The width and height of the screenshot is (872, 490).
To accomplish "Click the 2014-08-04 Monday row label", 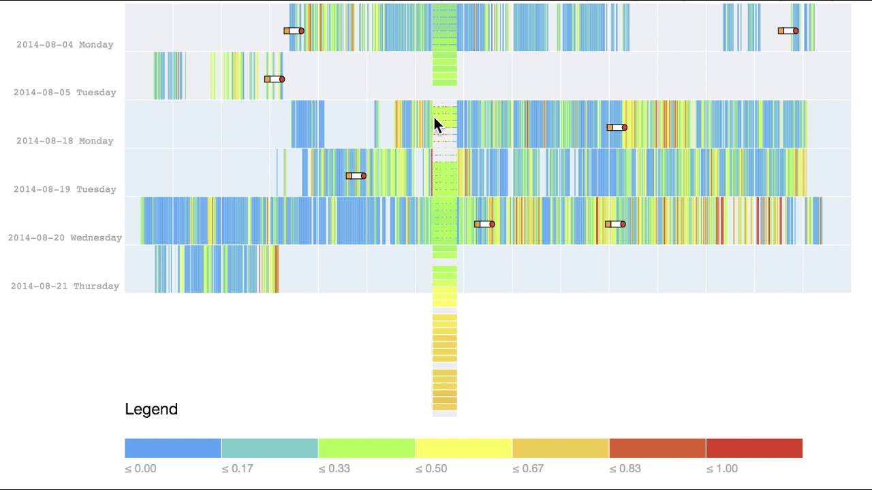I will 65,45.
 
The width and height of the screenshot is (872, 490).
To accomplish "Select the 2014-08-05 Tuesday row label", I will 65,93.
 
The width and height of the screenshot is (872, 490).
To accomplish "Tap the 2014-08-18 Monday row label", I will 65,141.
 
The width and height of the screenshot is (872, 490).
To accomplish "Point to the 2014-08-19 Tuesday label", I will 65,189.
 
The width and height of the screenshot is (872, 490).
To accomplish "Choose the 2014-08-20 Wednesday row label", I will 65,238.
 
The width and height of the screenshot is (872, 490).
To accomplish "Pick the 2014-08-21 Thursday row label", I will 65,287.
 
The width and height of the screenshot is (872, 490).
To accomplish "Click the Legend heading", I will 151,409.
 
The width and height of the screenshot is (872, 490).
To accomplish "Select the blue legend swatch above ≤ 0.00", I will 173,448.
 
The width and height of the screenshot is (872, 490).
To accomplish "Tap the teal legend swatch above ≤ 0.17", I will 270,448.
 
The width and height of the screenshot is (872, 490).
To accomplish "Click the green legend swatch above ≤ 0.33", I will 367,448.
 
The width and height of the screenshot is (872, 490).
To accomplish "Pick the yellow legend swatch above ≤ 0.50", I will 463,448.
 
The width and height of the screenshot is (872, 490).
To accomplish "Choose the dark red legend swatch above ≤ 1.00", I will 754,448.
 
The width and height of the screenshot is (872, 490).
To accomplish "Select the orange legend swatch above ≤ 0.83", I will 657,448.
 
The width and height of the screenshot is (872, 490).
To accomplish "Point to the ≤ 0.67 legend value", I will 528,469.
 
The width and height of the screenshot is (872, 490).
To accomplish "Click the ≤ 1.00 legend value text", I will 721,469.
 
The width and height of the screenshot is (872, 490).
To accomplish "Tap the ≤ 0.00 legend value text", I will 140,469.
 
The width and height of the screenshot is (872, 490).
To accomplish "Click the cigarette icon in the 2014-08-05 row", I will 275,80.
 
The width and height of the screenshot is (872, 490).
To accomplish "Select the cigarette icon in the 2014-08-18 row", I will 617,128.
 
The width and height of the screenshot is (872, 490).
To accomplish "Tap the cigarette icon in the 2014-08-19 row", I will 356,176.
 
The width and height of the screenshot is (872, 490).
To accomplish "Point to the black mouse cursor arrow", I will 437,125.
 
